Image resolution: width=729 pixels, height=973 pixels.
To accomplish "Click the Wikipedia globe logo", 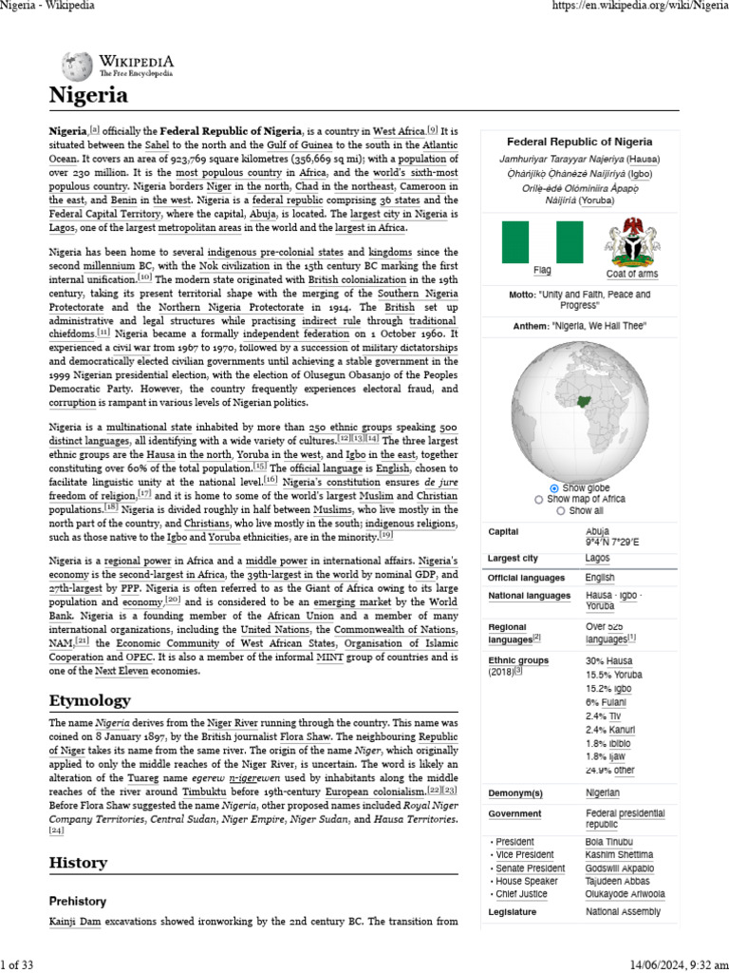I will tap(77, 65).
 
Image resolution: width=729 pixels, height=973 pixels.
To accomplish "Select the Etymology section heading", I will tap(89, 700).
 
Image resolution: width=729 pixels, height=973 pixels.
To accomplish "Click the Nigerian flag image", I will tap(542, 242).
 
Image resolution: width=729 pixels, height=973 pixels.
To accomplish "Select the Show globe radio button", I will tap(554, 487).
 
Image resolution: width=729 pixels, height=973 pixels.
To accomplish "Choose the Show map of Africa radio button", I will tap(539, 499).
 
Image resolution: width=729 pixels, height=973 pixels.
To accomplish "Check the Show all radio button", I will tap(560, 510).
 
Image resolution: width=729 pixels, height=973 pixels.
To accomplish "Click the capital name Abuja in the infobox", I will tap(598, 531).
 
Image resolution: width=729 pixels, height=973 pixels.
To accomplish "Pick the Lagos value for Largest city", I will tap(598, 558).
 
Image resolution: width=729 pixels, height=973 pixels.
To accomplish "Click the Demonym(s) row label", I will tap(514, 792).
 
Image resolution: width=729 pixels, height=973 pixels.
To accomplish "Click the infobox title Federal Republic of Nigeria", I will tap(579, 141).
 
